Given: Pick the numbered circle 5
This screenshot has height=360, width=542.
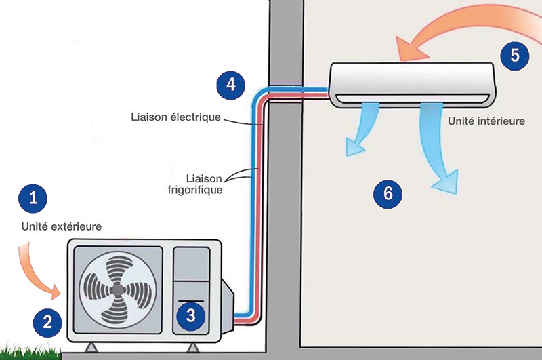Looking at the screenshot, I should pos(515,55).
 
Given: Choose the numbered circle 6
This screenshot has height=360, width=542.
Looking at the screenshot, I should pos(388,193).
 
